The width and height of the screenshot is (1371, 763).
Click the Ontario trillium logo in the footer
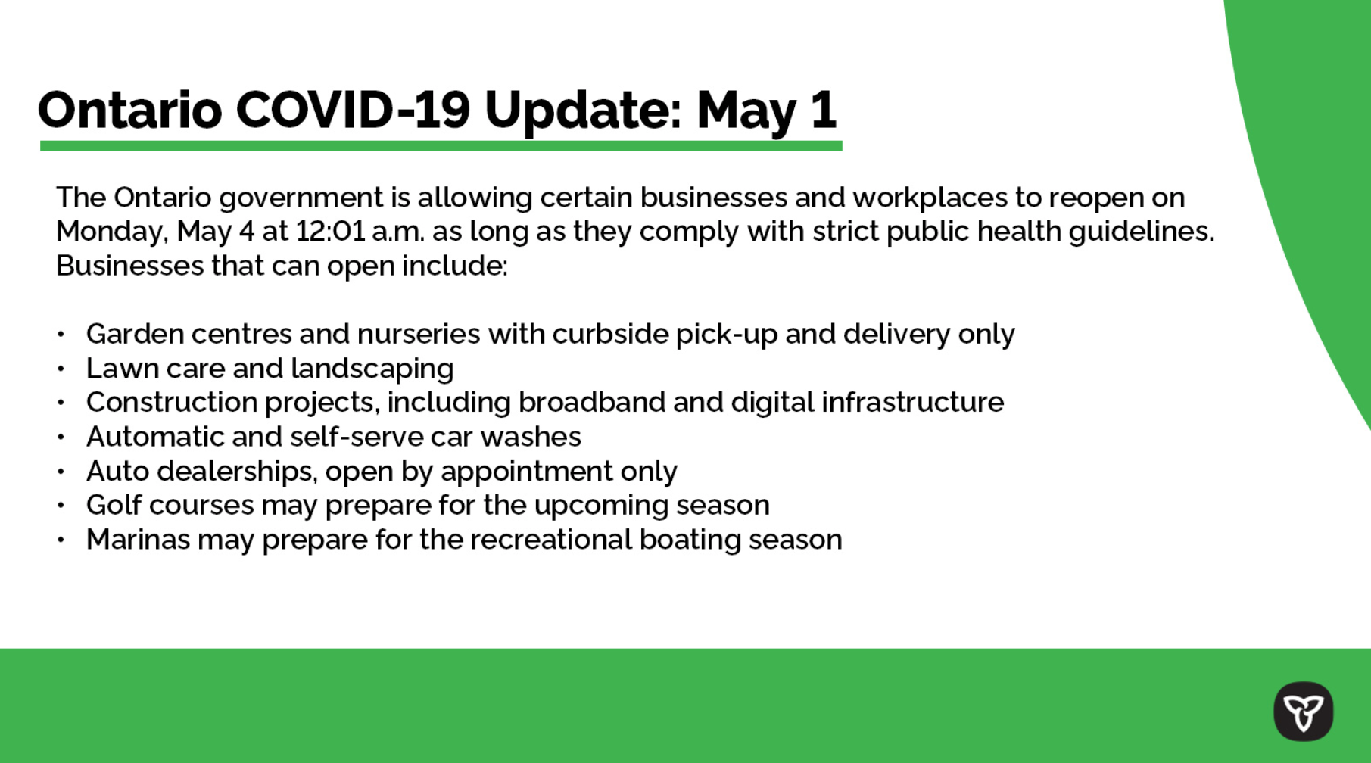1303,712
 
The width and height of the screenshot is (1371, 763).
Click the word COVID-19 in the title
354,111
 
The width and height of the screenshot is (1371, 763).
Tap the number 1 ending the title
823,111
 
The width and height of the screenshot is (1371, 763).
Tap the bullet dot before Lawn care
61,369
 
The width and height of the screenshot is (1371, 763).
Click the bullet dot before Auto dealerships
61,472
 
